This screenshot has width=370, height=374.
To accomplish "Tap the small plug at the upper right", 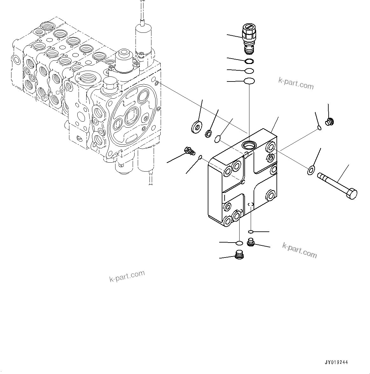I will pos(330,122).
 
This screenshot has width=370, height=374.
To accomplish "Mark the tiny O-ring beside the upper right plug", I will pos(319,128).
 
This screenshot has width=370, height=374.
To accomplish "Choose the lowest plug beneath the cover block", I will pos(239,255).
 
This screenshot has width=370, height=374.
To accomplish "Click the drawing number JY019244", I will pos(336,362).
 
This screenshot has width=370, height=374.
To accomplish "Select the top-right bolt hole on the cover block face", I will pos(271,147).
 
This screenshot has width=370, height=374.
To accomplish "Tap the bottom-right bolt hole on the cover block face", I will pos(271,194).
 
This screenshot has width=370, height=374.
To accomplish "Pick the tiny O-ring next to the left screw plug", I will pos(200,157).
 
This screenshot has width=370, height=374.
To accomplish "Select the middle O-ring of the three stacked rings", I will pos(249,71).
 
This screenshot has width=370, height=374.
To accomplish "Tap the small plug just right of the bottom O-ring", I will pos(250,243).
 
